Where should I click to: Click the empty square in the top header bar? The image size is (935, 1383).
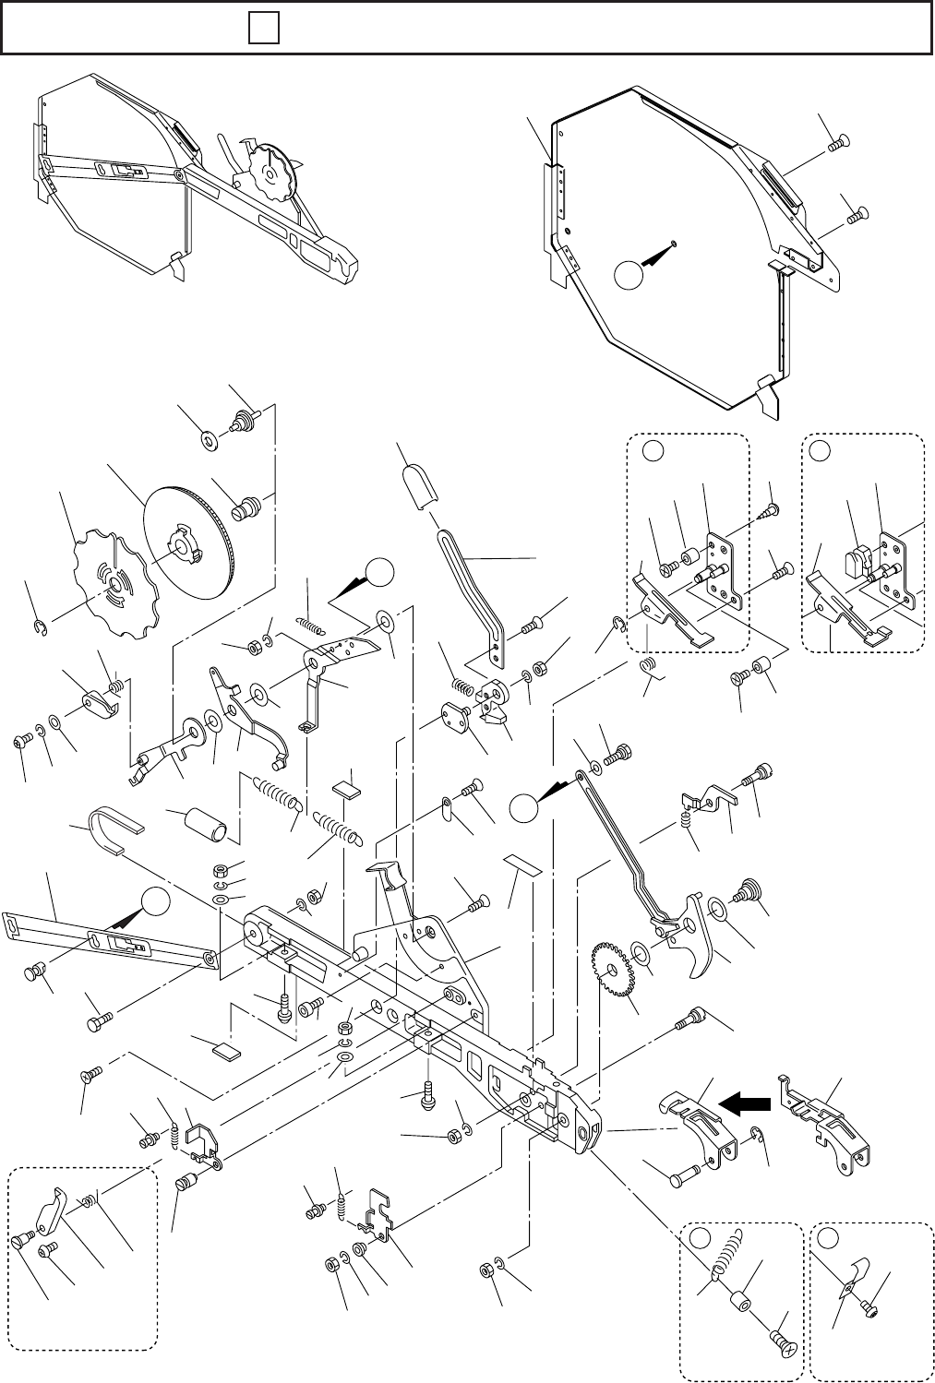pos(263,30)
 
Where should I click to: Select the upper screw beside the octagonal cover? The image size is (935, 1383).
pos(839,142)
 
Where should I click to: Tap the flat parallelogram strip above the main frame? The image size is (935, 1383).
pos(523,867)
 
